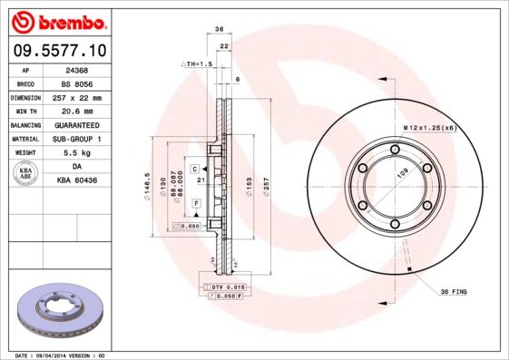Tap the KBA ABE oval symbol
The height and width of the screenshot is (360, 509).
point(25,174)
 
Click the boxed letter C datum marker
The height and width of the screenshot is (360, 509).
point(194,169)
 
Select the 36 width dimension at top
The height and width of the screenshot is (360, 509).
point(219,30)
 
